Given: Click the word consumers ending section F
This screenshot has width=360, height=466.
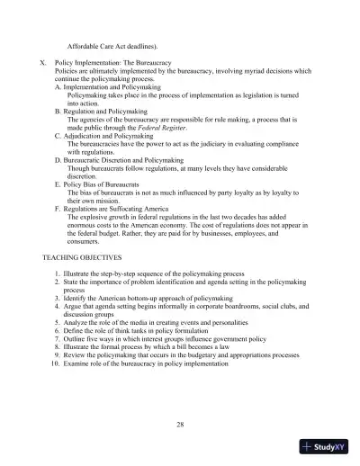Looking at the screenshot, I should (83, 241).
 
